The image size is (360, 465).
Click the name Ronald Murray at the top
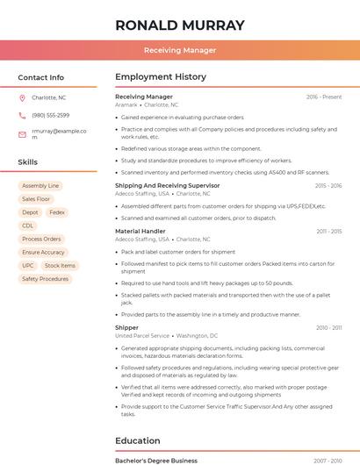click(x=180, y=25)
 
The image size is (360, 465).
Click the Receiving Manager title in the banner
click(x=180, y=50)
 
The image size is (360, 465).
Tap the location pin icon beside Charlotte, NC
click(x=22, y=97)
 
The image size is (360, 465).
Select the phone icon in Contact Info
click(x=22, y=115)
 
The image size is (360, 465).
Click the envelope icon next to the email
click(x=22, y=134)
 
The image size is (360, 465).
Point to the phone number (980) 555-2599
click(x=50, y=115)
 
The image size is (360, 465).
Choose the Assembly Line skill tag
click(x=40, y=186)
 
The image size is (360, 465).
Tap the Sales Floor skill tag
click(x=36, y=199)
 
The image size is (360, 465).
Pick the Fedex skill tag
click(x=57, y=212)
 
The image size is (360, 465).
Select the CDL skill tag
click(x=28, y=225)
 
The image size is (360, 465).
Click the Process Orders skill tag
click(x=41, y=239)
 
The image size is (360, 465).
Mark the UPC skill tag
click(x=28, y=265)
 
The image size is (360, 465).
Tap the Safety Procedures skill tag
click(x=45, y=279)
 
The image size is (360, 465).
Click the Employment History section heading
click(x=161, y=77)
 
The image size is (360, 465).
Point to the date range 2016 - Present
click(x=324, y=97)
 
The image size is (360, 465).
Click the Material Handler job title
click(x=140, y=232)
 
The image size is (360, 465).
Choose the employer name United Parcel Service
click(x=142, y=335)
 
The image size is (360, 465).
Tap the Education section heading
click(x=138, y=440)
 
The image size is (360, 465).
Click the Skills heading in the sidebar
click(x=28, y=162)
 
